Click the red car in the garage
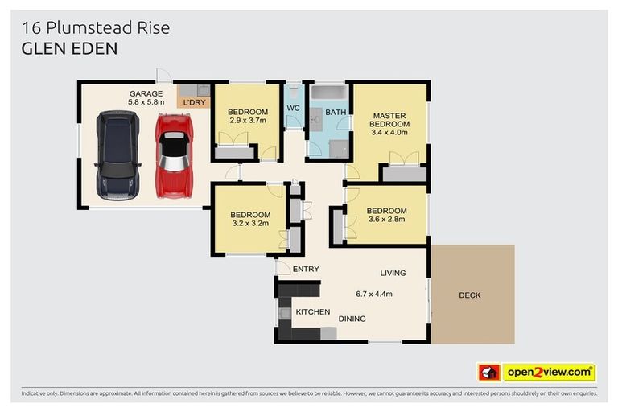173,155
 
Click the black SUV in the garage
117,155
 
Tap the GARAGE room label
146,93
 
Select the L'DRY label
195,103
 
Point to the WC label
293,108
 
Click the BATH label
336,112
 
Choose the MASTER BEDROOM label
389,119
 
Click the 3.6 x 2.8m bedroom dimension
386,220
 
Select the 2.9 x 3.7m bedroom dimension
247,121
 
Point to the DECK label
470,295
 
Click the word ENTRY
306,269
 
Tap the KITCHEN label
313,311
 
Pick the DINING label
352,319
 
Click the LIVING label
393,273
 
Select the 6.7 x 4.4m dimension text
373,294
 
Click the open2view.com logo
549,373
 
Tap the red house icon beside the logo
489,373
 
